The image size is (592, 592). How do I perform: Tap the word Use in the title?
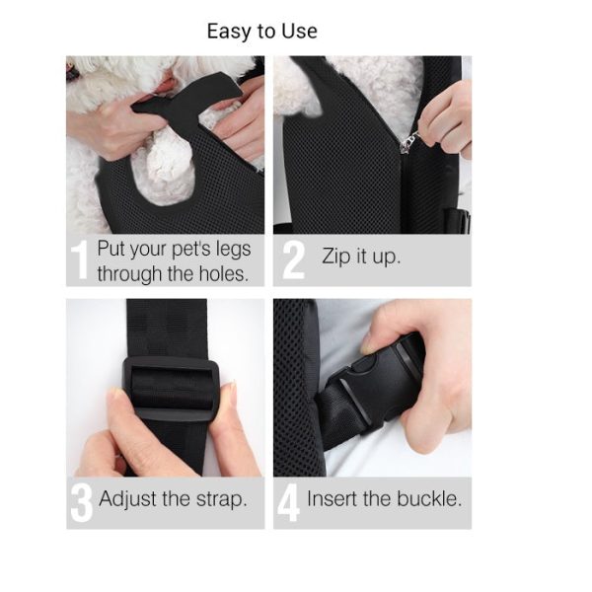click(299, 31)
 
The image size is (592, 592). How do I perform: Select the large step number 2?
click(293, 260)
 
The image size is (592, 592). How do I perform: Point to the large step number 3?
click(81, 503)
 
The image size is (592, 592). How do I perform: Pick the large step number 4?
click(288, 503)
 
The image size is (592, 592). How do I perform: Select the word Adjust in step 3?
click(128, 499)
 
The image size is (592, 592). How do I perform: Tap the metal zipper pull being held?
click(410, 141)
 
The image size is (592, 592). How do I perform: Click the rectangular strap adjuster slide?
click(172, 389)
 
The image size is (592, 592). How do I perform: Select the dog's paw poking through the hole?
click(168, 170)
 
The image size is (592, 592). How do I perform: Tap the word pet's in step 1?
click(190, 250)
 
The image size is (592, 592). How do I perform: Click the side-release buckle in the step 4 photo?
click(380, 385)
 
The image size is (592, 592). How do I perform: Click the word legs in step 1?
click(233, 250)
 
